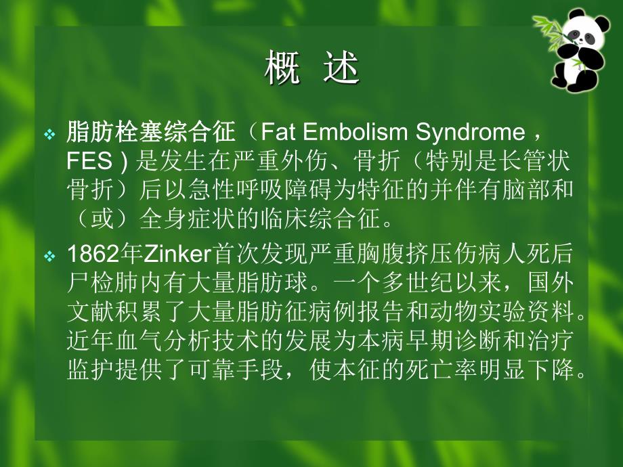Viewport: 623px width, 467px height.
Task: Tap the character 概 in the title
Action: point(282,69)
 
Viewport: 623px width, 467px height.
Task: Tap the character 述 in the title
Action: point(340,69)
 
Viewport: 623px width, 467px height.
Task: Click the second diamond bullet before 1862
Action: point(49,257)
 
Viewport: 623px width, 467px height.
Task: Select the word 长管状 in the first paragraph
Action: point(546,162)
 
